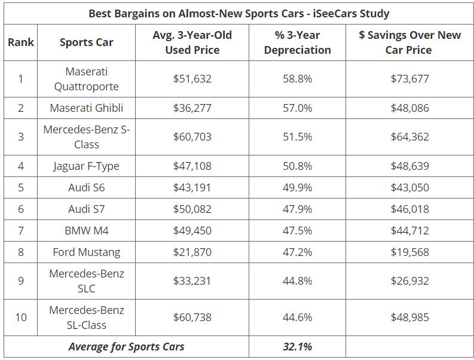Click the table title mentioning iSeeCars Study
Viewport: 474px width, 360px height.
pyautogui.click(x=238, y=13)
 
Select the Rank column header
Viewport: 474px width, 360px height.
pyautogui.click(x=21, y=42)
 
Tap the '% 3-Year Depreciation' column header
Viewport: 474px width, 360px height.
pyautogui.click(x=297, y=42)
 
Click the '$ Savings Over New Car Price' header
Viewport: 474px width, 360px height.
pyautogui.click(x=409, y=42)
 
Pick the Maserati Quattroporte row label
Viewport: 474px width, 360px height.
pyautogui.click(x=87, y=78)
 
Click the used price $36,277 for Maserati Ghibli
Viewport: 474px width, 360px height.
pyautogui.click(x=192, y=108)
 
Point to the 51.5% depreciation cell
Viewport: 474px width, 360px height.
pyautogui.click(x=297, y=137)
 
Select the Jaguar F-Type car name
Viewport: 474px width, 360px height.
pyautogui.click(x=87, y=166)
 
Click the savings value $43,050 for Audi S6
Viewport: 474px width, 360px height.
pyautogui.click(x=409, y=187)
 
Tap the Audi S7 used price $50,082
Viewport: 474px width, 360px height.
pyautogui.click(x=192, y=209)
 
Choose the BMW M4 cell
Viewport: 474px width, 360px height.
pyautogui.click(x=87, y=230)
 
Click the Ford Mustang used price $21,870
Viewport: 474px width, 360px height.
pyautogui.click(x=192, y=252)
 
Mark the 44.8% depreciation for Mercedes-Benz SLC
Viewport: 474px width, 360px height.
pyautogui.click(x=297, y=281)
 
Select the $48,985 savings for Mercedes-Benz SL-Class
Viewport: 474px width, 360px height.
pyautogui.click(x=409, y=318)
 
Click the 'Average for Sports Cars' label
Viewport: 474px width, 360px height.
pyautogui.click(x=126, y=346)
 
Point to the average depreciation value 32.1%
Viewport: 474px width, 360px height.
pyautogui.click(x=297, y=346)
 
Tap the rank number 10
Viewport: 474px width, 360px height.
pyautogui.click(x=21, y=318)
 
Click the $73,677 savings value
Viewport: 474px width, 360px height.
pyautogui.click(x=409, y=78)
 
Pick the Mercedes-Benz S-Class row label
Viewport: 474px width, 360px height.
pyautogui.click(x=87, y=137)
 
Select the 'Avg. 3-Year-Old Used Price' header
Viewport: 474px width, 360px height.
pyautogui.click(x=192, y=42)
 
